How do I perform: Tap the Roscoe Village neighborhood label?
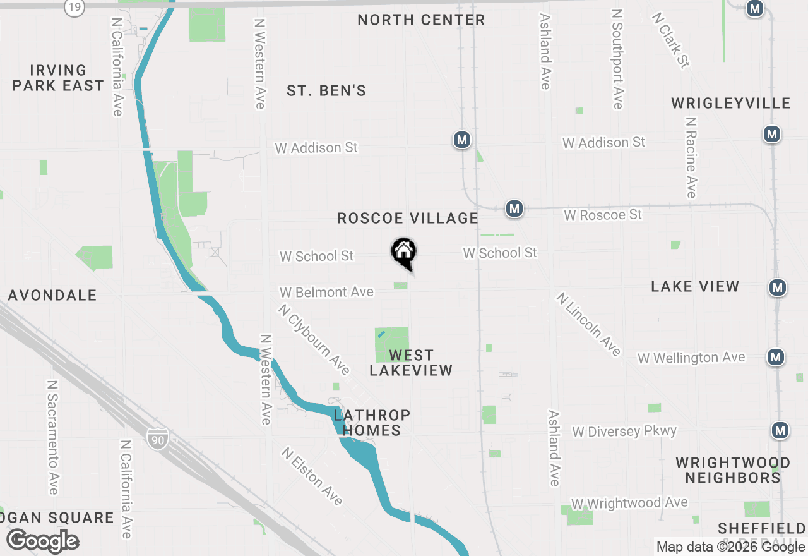click(408, 219)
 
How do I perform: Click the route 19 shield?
click(74, 7)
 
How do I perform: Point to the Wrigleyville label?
click(730, 103)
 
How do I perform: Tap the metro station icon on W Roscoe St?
click(514, 208)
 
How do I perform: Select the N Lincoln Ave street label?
click(589, 324)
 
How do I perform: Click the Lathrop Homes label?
click(372, 423)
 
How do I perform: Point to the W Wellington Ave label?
click(691, 358)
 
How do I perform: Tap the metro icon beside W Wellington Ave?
click(776, 357)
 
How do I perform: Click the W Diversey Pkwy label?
click(624, 432)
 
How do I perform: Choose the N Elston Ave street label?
click(312, 476)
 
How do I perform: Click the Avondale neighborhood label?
click(52, 295)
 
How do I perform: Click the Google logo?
click(42, 541)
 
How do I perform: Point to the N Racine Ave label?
click(691, 158)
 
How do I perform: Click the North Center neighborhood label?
click(421, 20)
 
